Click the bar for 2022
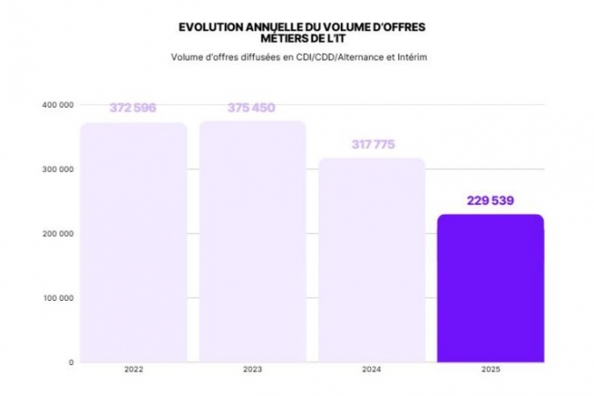pyautogui.click(x=133, y=242)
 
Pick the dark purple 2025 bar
pyautogui.click(x=491, y=288)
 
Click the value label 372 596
pyautogui.click(x=133, y=108)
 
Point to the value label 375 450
pyautogui.click(x=252, y=108)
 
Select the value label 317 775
pyautogui.click(x=371, y=144)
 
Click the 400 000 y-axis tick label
pyautogui.click(x=57, y=105)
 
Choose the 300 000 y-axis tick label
pyautogui.click(x=57, y=169)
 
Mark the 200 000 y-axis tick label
pyautogui.click(x=57, y=233)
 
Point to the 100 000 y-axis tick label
pyautogui.click(x=57, y=298)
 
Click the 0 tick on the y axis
pyautogui.click(x=70, y=362)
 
